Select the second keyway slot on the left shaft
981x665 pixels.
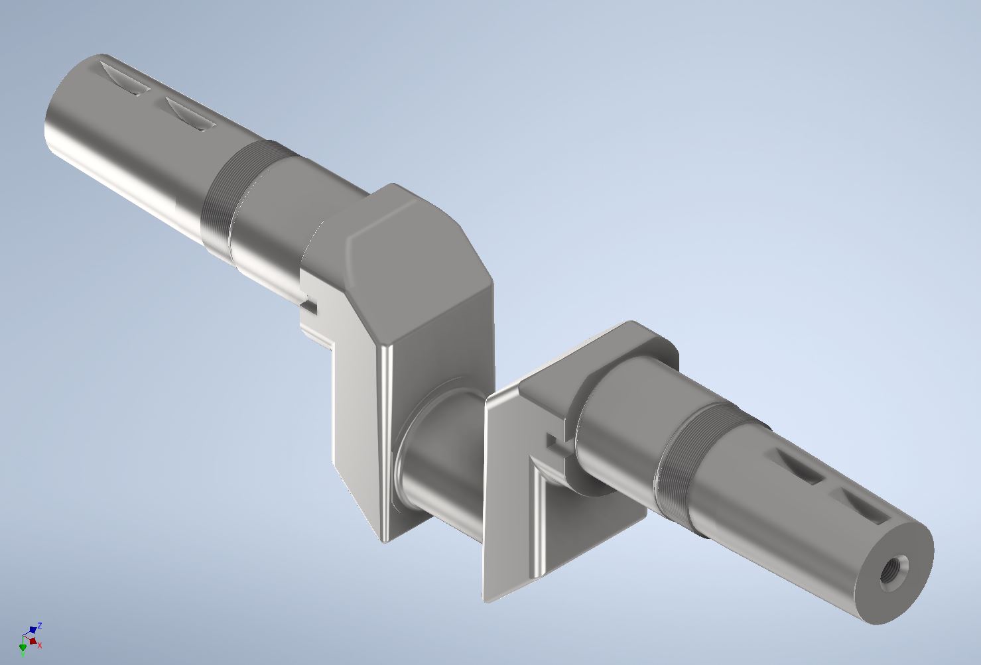click(x=190, y=113)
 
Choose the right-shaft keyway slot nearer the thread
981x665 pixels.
click(x=798, y=466)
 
